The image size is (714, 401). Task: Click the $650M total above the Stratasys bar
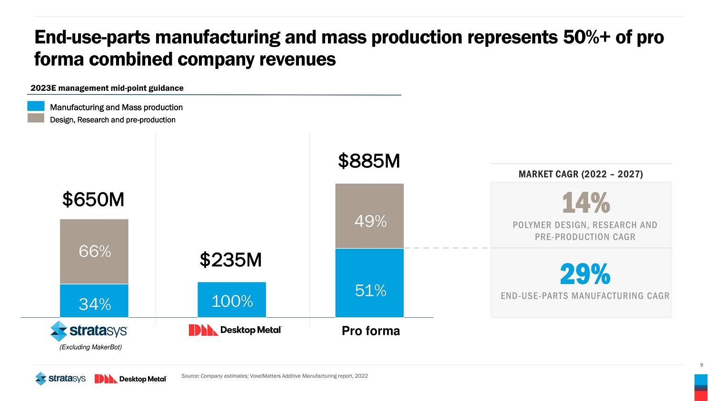(x=93, y=200)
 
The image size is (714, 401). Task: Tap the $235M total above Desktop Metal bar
(x=231, y=260)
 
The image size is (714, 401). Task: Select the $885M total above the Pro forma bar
(x=369, y=161)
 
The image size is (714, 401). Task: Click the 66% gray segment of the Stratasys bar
(x=94, y=251)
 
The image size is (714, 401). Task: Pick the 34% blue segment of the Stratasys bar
(x=94, y=301)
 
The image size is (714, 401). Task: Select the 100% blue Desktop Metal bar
(x=232, y=300)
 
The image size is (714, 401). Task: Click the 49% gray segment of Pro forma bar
(x=369, y=216)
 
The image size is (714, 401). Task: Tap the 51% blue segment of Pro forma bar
(x=369, y=283)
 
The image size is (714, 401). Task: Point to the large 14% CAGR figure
(x=585, y=203)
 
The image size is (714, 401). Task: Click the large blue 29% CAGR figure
(x=585, y=274)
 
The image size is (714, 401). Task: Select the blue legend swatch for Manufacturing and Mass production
(x=36, y=106)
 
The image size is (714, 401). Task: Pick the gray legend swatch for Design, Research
(x=36, y=118)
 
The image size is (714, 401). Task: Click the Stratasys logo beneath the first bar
(x=89, y=331)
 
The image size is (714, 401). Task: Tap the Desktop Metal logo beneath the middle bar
(x=236, y=330)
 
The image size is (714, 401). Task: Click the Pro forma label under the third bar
(x=371, y=331)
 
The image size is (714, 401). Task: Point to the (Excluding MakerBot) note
(x=90, y=347)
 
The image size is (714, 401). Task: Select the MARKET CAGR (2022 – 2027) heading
(x=581, y=174)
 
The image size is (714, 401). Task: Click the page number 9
(x=701, y=365)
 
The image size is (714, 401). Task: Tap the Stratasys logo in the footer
(x=60, y=379)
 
